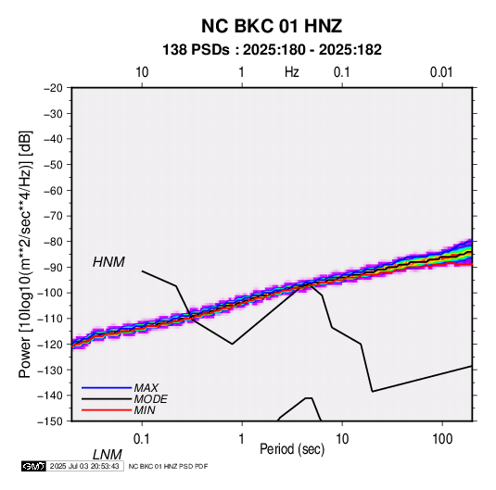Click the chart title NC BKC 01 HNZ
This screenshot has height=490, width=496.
[272, 26]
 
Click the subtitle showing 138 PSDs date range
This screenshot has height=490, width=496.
[272, 50]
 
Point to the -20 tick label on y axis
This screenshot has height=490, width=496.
[53, 88]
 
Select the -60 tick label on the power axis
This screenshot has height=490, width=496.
[53, 190]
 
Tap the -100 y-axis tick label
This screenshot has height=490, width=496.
[50, 293]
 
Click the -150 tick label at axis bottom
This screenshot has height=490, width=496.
[50, 421]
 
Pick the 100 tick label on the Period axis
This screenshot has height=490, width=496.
[442, 438]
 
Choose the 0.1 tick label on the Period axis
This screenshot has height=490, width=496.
[142, 438]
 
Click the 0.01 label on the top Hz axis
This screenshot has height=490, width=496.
[441, 72]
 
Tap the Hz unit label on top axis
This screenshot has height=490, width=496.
[292, 72]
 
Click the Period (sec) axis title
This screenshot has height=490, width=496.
[292, 449]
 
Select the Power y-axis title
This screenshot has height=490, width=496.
[25, 255]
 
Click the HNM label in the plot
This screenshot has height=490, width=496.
[108, 262]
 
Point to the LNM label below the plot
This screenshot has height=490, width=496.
[108, 455]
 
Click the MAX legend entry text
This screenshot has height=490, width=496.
[146, 388]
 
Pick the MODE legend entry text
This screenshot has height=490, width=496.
[150, 399]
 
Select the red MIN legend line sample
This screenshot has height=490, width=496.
[107, 410]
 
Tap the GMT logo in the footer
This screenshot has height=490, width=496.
[33, 466]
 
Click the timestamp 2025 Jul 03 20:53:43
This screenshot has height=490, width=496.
[84, 466]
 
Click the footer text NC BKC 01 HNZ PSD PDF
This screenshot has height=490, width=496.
[169, 466]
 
